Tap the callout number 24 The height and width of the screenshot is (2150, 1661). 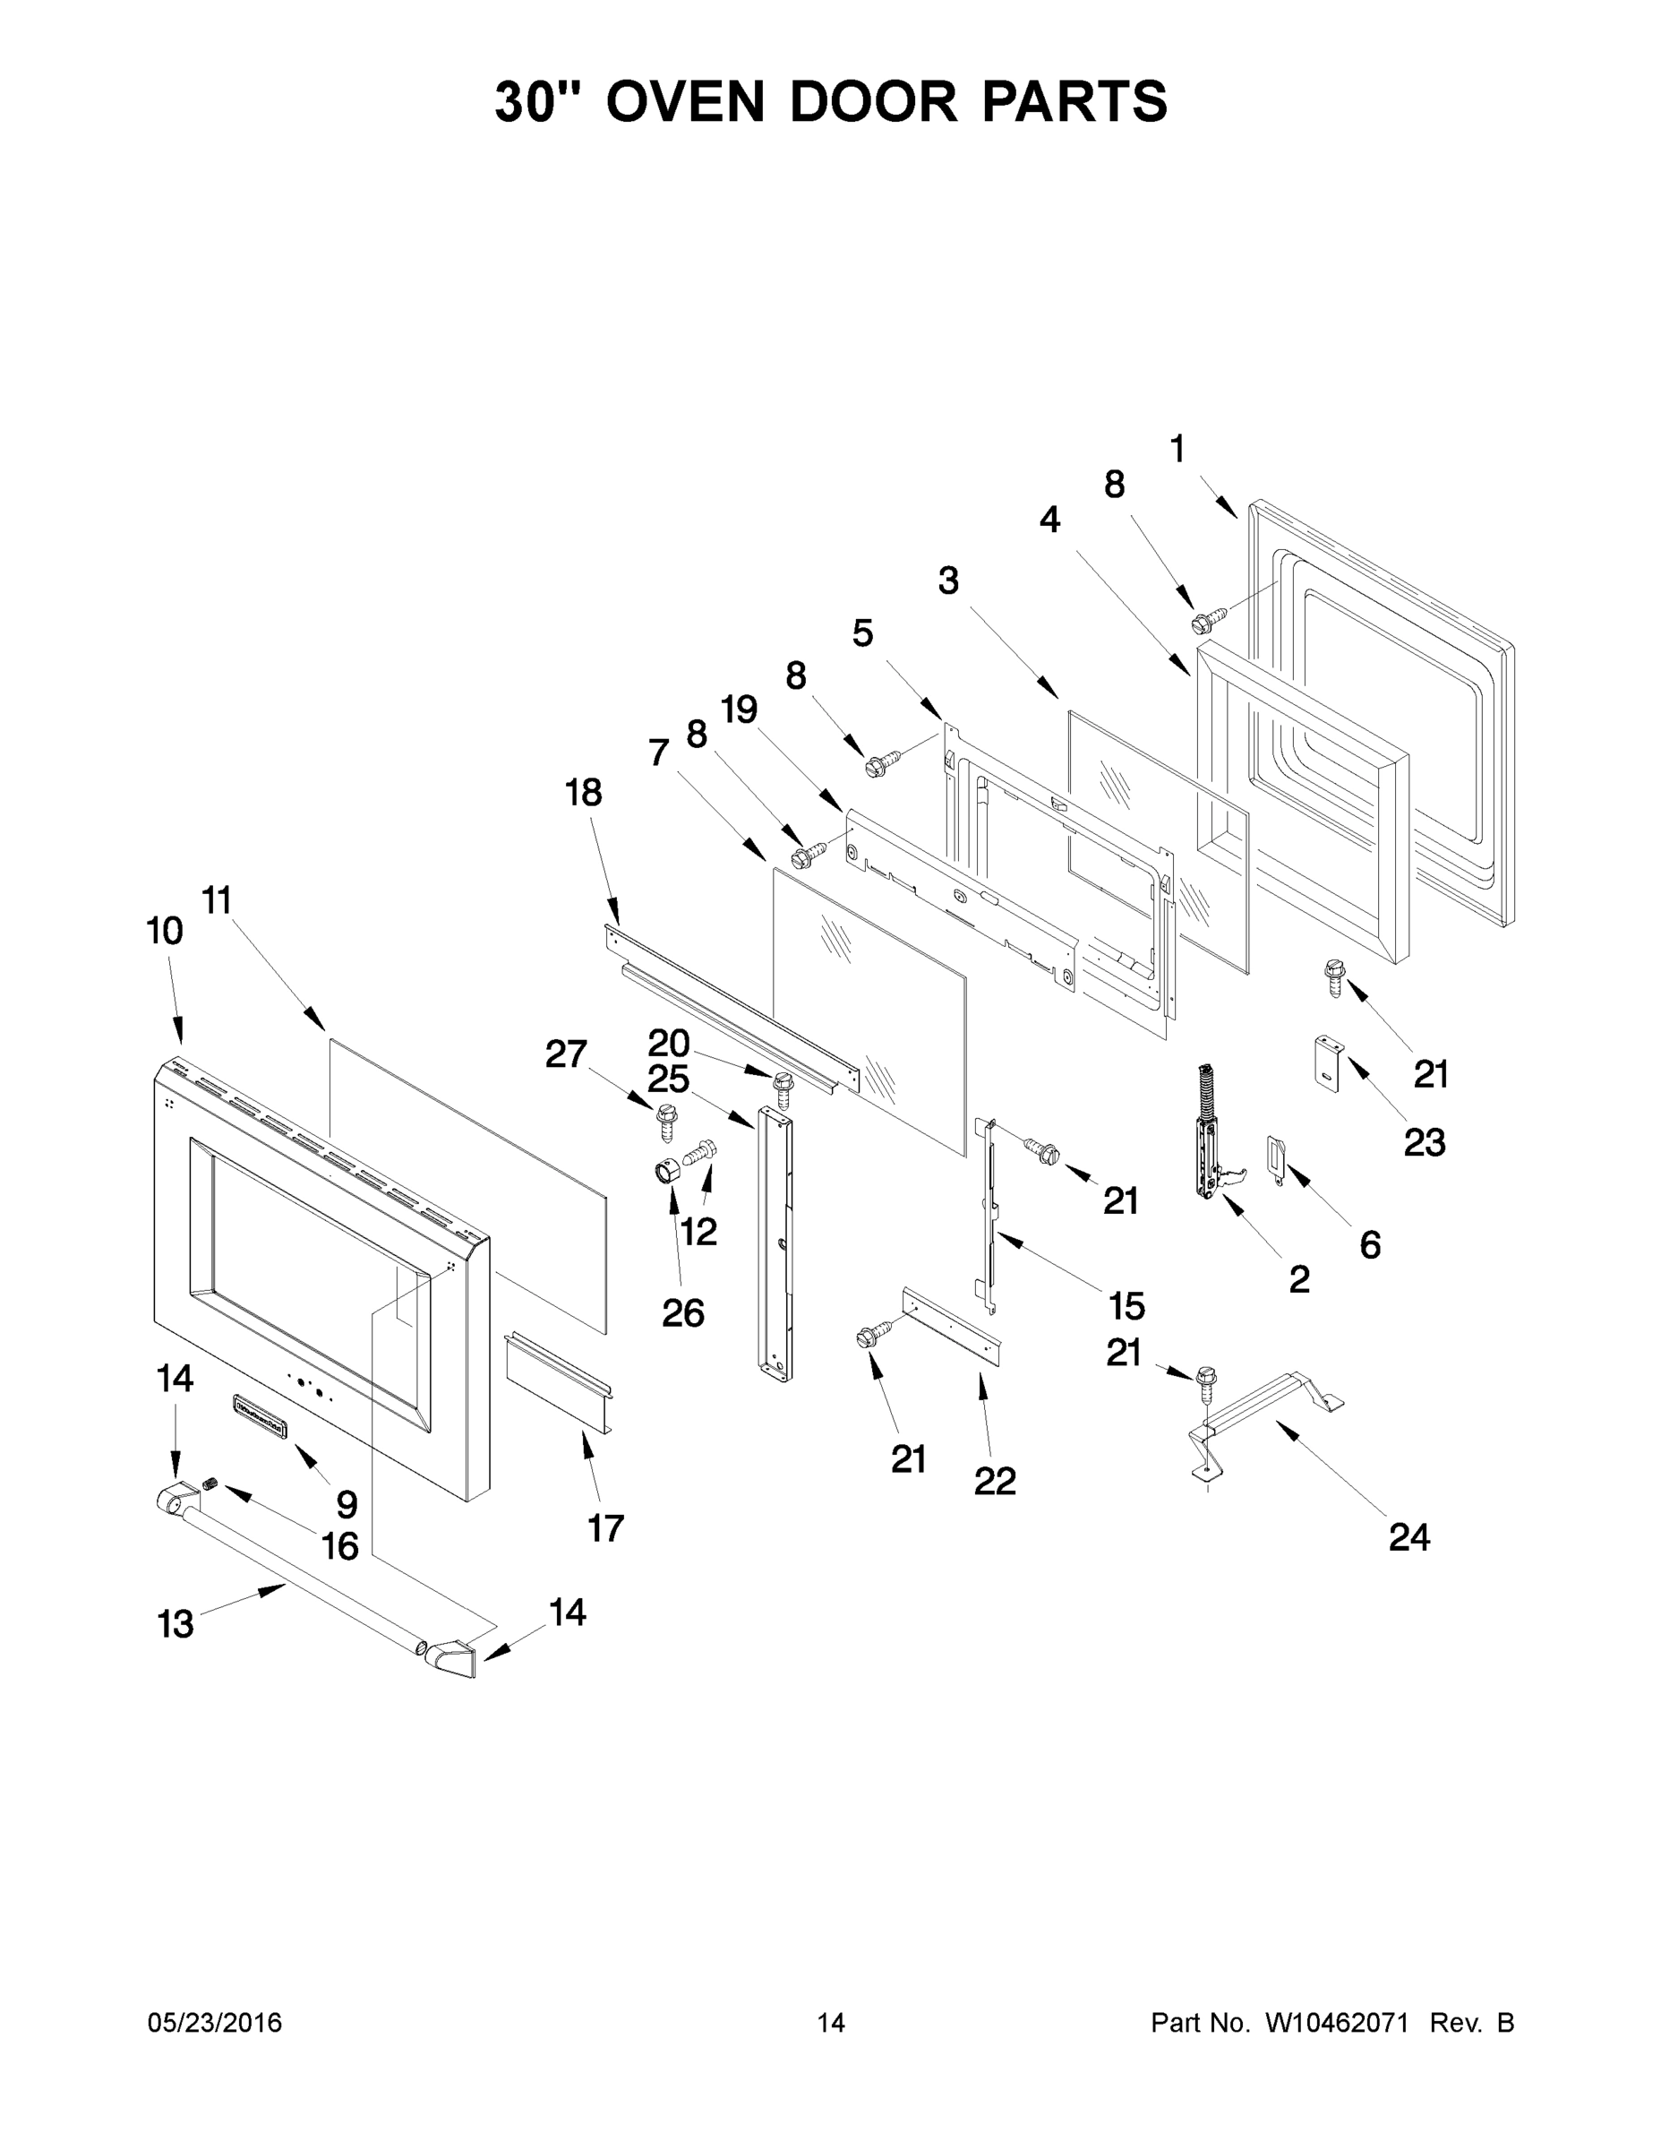[x=1409, y=1535]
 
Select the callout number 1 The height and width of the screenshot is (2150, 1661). [x=1177, y=449]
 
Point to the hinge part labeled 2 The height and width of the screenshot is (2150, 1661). [x=1210, y=1132]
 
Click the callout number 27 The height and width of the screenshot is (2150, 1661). [x=566, y=1054]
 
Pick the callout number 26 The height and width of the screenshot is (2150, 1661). [x=683, y=1312]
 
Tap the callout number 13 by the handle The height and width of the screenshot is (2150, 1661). [x=176, y=1623]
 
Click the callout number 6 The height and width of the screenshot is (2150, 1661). [x=1370, y=1244]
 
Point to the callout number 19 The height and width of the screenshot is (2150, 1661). [x=739, y=709]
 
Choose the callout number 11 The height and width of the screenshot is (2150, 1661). [x=217, y=899]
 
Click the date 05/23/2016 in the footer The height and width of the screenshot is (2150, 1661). [x=215, y=2022]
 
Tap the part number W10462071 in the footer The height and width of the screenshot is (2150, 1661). [x=1330, y=2022]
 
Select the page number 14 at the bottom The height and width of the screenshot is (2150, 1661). [x=831, y=2022]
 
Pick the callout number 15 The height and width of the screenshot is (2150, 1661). [x=1126, y=1306]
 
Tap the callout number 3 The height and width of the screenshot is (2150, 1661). [x=947, y=580]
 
